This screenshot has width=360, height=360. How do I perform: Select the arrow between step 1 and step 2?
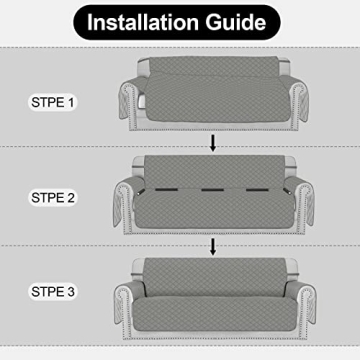[x=212, y=144]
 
